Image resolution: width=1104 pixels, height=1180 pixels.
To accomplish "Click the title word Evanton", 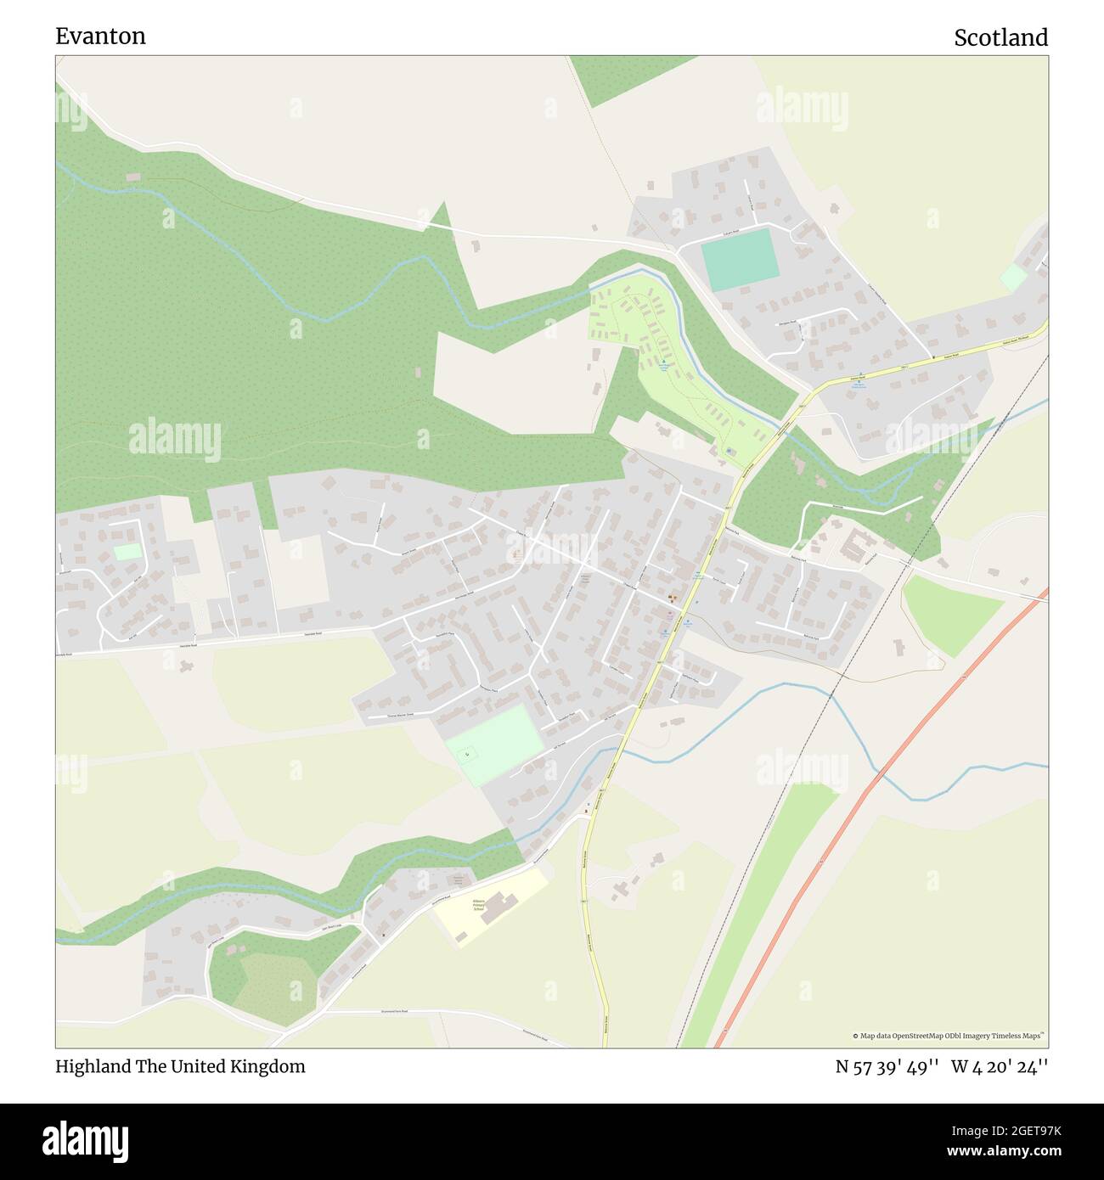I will [100, 36].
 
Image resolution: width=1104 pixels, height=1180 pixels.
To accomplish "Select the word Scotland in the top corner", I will [1000, 37].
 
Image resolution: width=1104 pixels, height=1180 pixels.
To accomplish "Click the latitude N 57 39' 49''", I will [887, 1066].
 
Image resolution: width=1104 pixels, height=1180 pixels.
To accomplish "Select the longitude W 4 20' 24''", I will [999, 1066].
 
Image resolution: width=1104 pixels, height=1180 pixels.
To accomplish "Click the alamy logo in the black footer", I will [86, 1139].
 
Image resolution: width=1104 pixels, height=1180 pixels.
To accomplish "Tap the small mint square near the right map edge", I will [1013, 278].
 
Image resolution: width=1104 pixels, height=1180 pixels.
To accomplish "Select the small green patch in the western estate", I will [127, 552].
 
